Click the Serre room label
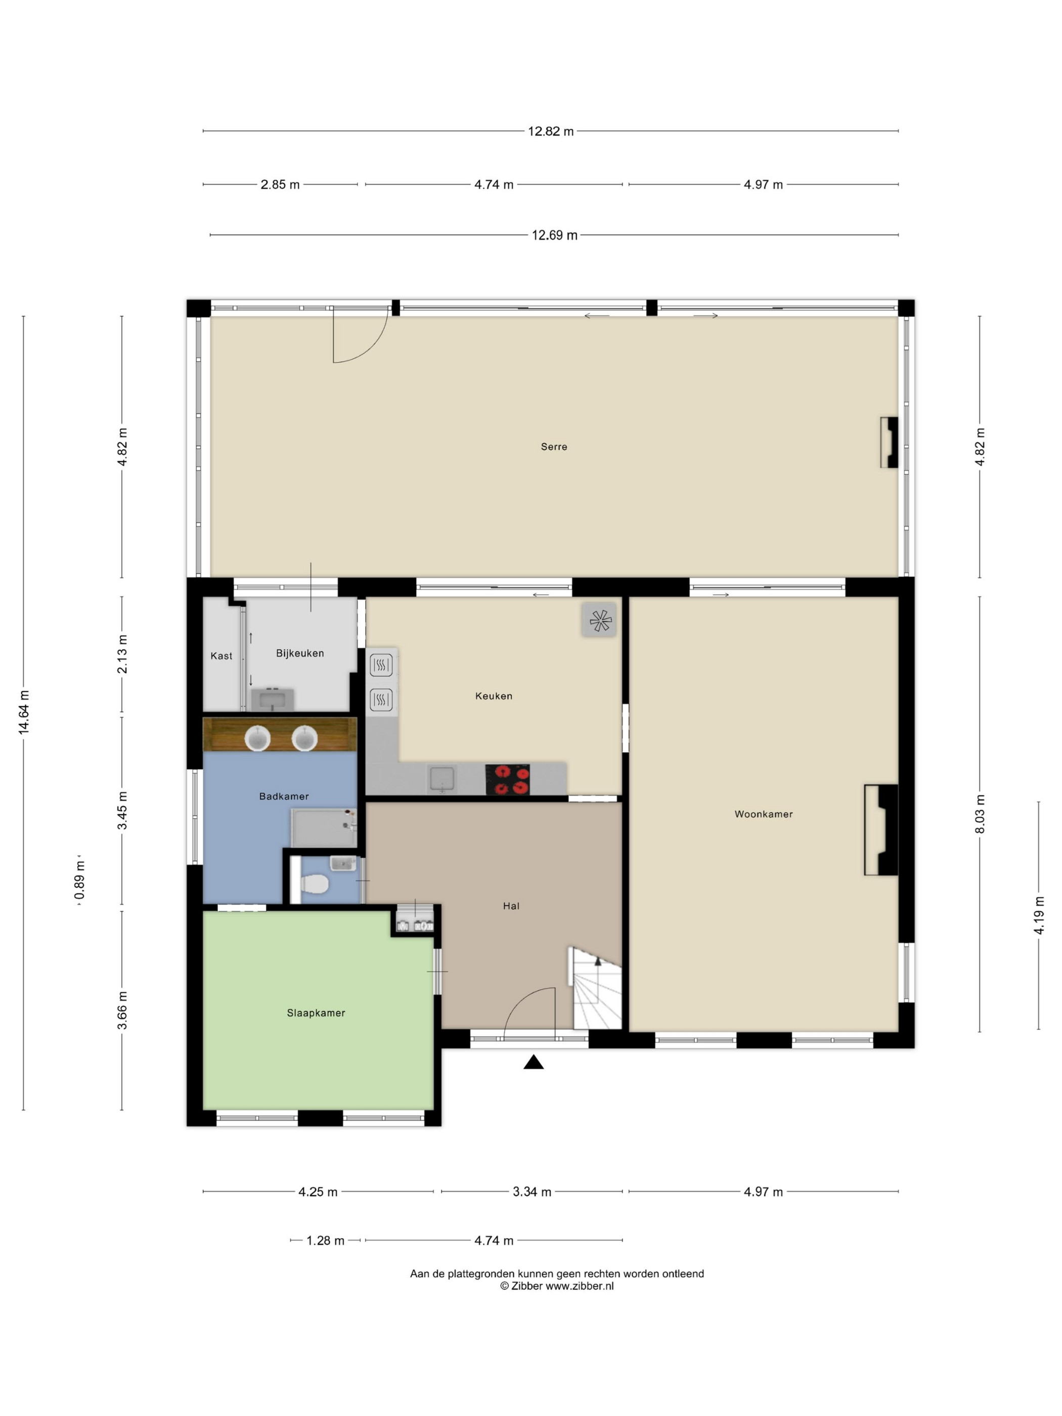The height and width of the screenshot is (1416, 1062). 554,447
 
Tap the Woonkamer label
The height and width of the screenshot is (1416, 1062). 764,814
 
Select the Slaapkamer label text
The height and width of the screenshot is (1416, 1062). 316,1013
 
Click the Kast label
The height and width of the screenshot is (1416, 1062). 222,655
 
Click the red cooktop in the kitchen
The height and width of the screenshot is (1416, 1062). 508,779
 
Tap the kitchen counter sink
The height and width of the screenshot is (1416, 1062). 441,779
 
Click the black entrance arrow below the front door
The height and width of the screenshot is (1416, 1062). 534,1063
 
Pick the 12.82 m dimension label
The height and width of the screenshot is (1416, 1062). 551,131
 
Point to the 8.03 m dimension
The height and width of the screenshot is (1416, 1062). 980,814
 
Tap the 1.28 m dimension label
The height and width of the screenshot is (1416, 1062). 325,1241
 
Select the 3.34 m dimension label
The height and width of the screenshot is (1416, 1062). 532,1192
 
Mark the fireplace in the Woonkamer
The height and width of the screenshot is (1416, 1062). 881,830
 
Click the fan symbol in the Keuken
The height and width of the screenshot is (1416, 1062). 599,619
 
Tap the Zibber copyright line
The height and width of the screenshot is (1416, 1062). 557,1286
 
